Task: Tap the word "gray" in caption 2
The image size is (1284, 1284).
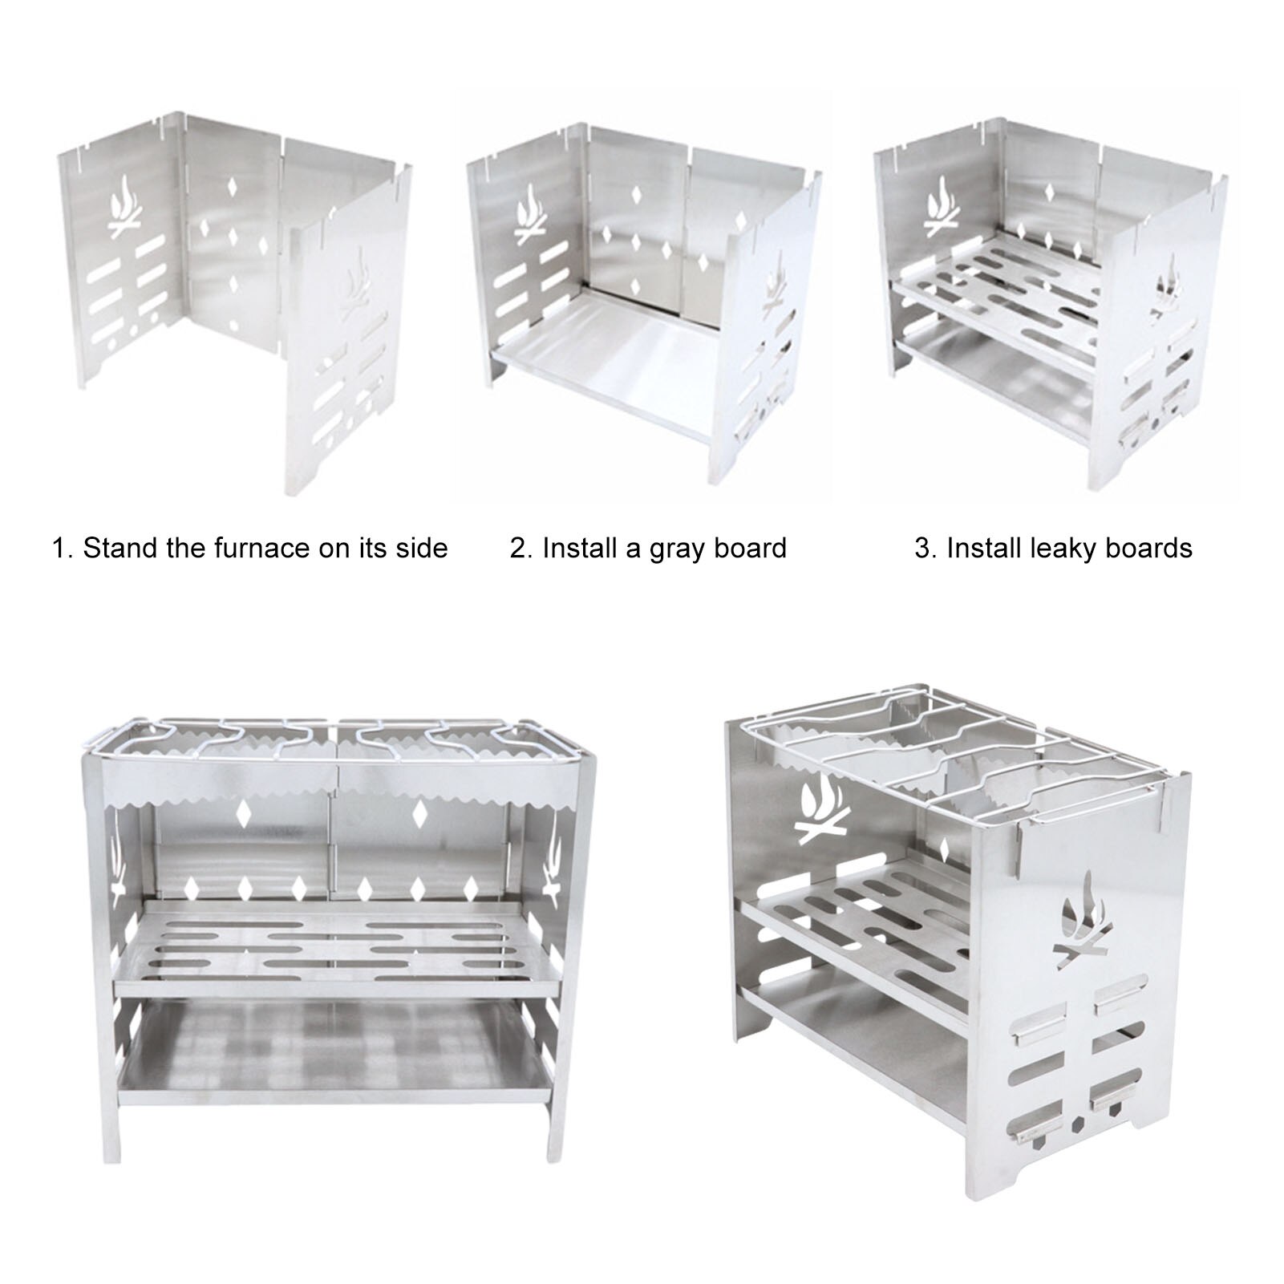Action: [x=676, y=549]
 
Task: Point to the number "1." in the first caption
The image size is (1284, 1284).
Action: [x=63, y=548]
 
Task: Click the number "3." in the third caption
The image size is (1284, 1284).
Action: [x=926, y=548]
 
